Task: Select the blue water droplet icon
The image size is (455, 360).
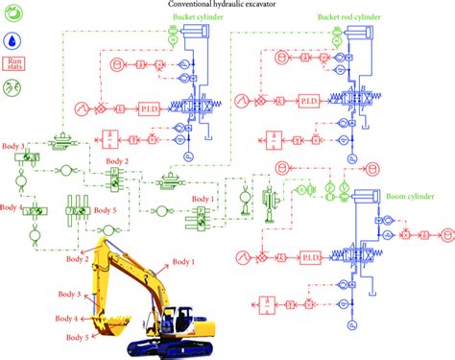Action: pos(14,41)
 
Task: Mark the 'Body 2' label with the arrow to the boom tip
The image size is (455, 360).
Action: pos(80,258)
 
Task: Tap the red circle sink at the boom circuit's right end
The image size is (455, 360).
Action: pos(445,234)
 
